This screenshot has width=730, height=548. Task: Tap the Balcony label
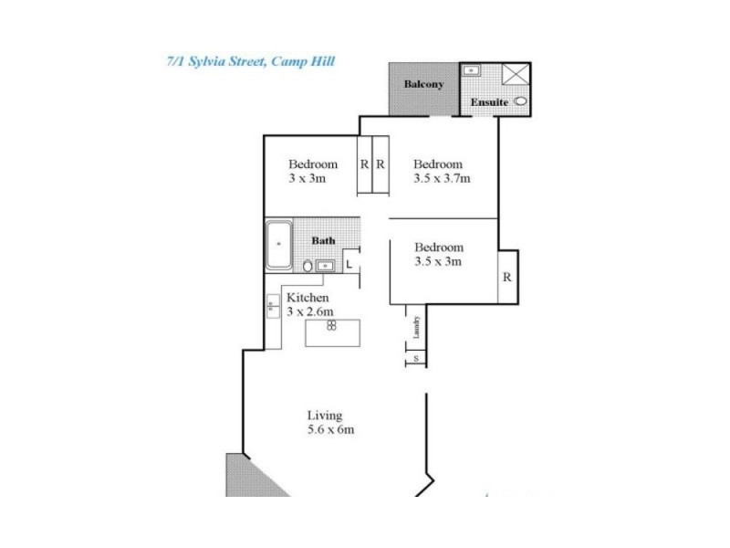(424, 85)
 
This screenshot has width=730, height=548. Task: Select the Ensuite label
(489, 101)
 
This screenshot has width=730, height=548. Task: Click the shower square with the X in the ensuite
(516, 74)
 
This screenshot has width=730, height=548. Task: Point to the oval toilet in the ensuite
(521, 102)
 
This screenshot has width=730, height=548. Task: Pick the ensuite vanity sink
(473, 70)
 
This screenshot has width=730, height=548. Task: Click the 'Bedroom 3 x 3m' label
(313, 172)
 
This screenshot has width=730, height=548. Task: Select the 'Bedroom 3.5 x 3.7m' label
(441, 172)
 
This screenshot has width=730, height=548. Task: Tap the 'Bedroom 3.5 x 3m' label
(439, 254)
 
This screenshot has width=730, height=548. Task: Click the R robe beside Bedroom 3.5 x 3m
(506, 276)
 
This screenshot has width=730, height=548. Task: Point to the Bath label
(324, 241)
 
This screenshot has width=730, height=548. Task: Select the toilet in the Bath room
(308, 266)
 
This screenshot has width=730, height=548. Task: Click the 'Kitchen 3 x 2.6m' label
(308, 305)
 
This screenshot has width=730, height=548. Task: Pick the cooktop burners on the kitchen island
(333, 325)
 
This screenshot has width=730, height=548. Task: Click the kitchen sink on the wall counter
(272, 307)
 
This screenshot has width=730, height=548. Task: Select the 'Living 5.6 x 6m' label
(330, 423)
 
